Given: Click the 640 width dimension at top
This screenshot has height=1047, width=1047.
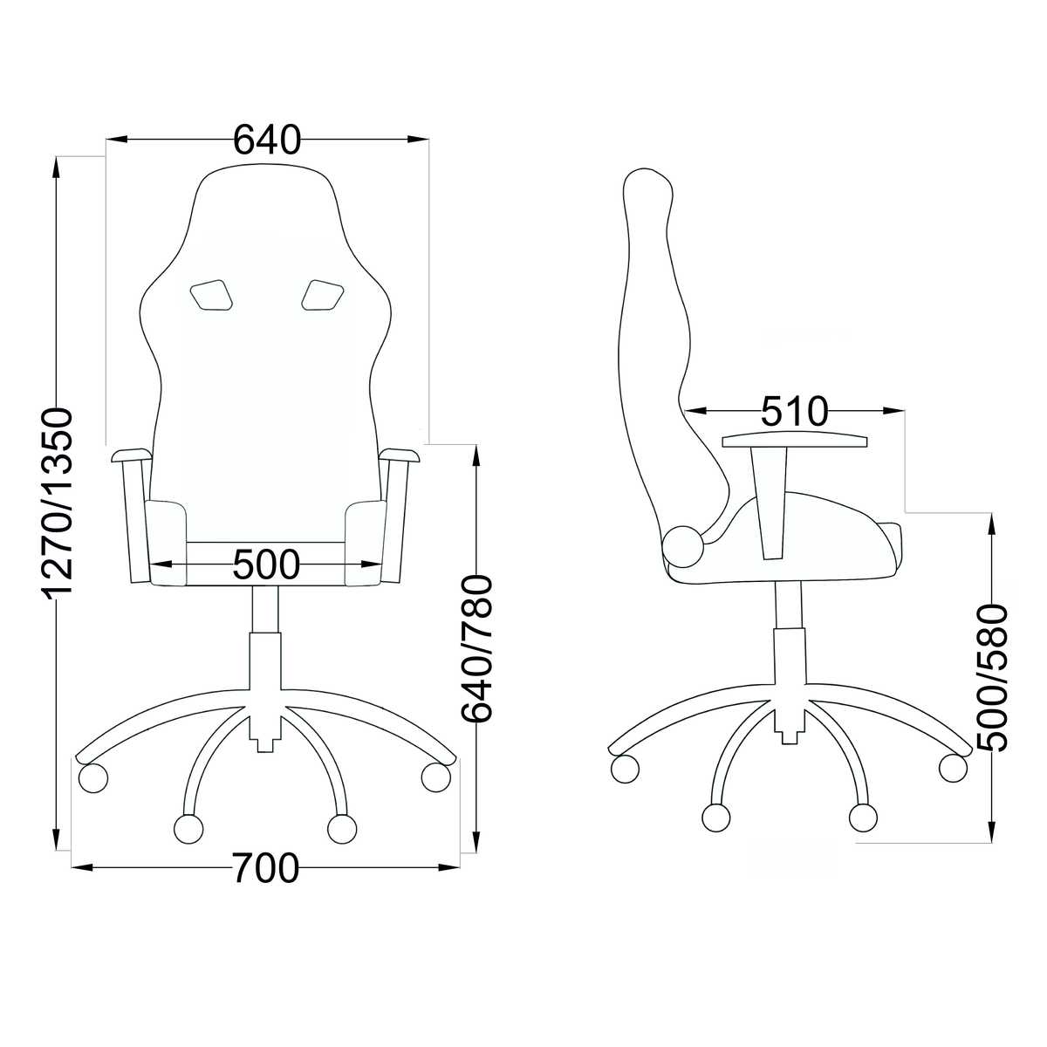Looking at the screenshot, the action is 266,140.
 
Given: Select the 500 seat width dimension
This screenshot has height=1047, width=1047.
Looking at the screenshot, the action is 266,565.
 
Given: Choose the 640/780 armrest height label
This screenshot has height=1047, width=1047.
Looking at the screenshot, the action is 476,649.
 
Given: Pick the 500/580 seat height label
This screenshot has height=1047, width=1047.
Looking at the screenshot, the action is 991,678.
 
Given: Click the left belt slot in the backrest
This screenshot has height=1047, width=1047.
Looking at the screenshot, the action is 211,295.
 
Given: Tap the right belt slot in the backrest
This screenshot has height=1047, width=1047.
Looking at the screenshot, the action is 323,295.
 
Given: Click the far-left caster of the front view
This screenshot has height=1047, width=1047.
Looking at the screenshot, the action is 92,777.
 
